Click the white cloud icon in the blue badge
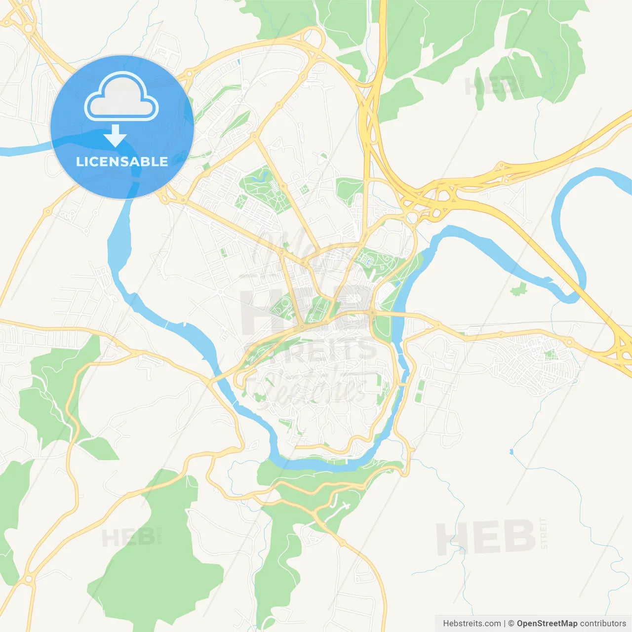pos(121,97)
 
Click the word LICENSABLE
pos(122,161)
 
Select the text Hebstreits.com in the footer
pos(472,624)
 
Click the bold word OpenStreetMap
pos(547,624)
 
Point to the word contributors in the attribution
pos(603,624)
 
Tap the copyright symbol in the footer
pos(512,624)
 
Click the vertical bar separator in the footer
pos(505,624)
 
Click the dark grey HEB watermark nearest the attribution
pos(486,537)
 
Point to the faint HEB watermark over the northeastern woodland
pos(492,86)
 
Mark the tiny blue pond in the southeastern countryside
pos(511,451)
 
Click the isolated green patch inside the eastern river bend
pos(518,289)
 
